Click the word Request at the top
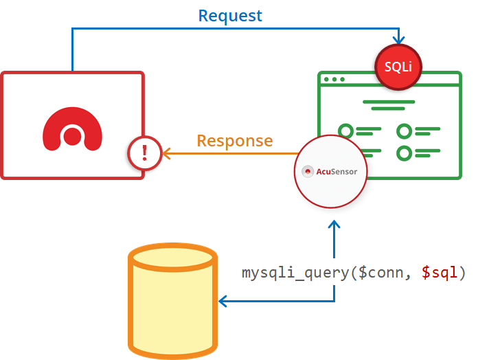tap(230, 15)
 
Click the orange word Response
tap(234, 141)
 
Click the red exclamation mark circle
tap(144, 152)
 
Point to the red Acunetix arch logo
tap(72, 127)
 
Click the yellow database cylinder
tap(173, 302)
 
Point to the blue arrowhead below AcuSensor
tap(334, 225)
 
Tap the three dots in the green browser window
tap(334, 79)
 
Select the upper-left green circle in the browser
tap(345, 131)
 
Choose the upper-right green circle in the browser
tap(405, 131)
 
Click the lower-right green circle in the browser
tap(405, 153)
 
